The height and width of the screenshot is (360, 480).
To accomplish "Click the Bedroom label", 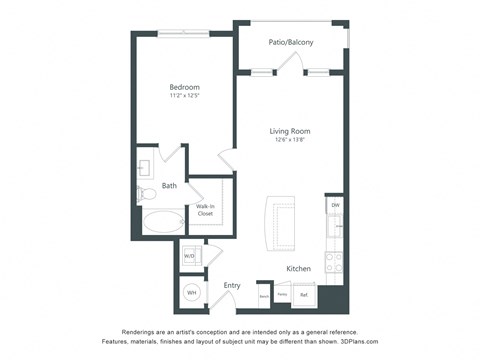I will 184,87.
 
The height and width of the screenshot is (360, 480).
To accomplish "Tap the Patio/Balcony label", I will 290,42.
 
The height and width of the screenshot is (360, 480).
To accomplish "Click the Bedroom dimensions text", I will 184,96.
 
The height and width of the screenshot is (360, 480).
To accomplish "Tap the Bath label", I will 169,185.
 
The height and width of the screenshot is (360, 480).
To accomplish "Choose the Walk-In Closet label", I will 205,210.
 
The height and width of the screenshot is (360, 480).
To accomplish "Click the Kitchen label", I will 298,268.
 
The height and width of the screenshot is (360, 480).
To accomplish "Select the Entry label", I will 232,285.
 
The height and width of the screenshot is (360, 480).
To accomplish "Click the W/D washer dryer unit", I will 190,256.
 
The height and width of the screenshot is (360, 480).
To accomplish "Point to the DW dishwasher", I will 334,206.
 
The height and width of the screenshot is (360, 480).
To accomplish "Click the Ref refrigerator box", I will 304,294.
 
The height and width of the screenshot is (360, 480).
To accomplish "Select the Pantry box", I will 283,294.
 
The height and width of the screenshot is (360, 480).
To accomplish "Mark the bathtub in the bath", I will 162,222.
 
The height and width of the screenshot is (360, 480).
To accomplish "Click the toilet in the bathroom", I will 146,192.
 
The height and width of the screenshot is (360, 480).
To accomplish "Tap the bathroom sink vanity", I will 145,165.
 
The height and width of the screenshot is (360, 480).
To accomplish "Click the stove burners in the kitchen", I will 334,262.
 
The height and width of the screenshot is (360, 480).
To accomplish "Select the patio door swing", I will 290,63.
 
